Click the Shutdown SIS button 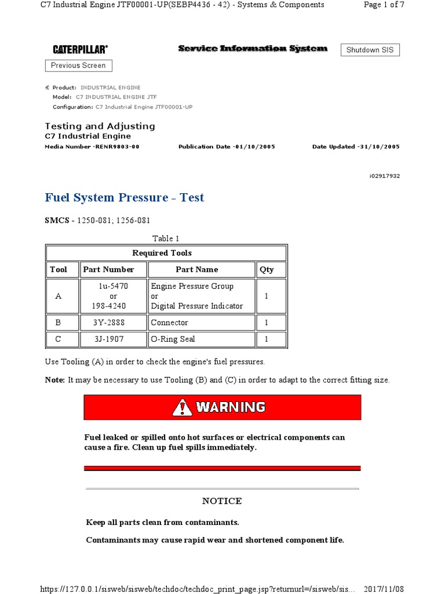(370, 50)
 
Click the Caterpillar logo (80, 50)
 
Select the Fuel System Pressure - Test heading (125, 198)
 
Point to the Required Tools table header (162, 253)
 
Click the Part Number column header (108, 270)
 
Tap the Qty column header (267, 270)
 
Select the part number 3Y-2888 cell (108, 323)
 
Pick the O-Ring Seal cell (173, 339)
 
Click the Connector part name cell (169, 323)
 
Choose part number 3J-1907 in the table (108, 339)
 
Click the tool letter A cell (58, 296)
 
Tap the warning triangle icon (182, 407)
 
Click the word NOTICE (222, 501)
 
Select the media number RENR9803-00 (116, 147)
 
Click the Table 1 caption (166, 238)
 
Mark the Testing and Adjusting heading (100, 126)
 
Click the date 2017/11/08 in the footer (383, 589)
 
